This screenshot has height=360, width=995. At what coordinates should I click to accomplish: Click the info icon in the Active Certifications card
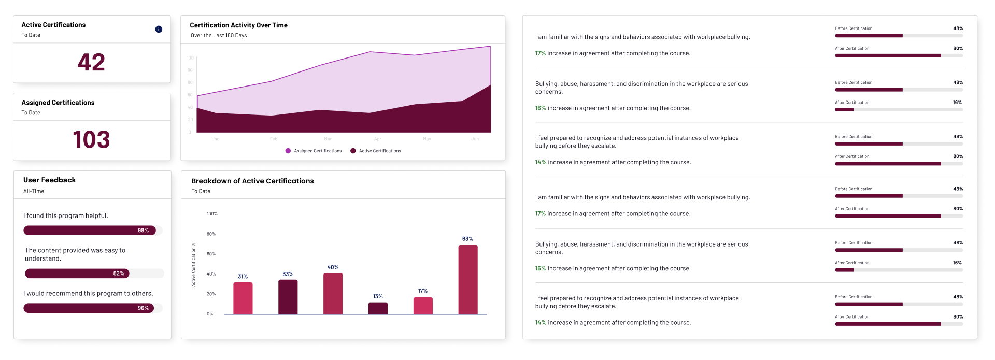(x=159, y=30)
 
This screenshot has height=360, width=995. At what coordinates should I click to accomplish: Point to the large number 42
(x=91, y=63)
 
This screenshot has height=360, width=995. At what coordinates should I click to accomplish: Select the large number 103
(x=91, y=140)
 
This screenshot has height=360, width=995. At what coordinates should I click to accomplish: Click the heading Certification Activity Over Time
(x=238, y=25)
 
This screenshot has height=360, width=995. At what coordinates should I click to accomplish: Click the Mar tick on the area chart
(x=328, y=139)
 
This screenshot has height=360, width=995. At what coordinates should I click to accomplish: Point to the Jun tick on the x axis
(x=475, y=139)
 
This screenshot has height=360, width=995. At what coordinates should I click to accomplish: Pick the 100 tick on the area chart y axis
(x=190, y=58)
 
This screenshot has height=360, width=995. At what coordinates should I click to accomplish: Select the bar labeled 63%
(x=467, y=280)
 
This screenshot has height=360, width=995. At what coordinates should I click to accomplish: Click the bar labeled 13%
(x=378, y=308)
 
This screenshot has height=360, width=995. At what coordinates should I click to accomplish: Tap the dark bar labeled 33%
(x=288, y=297)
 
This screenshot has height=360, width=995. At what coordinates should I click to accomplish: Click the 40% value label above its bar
(x=333, y=268)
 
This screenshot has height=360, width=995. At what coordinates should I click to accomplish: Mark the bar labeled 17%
(x=423, y=306)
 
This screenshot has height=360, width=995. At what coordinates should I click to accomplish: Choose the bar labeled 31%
(x=243, y=298)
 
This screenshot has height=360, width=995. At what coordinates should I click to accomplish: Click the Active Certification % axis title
(x=194, y=265)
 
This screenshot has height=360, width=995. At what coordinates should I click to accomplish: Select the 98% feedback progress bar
(x=89, y=231)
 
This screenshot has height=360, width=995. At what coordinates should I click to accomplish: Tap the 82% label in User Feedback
(x=119, y=273)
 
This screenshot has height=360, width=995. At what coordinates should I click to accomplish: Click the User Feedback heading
(x=49, y=180)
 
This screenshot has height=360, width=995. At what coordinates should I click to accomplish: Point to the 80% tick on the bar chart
(x=211, y=234)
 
